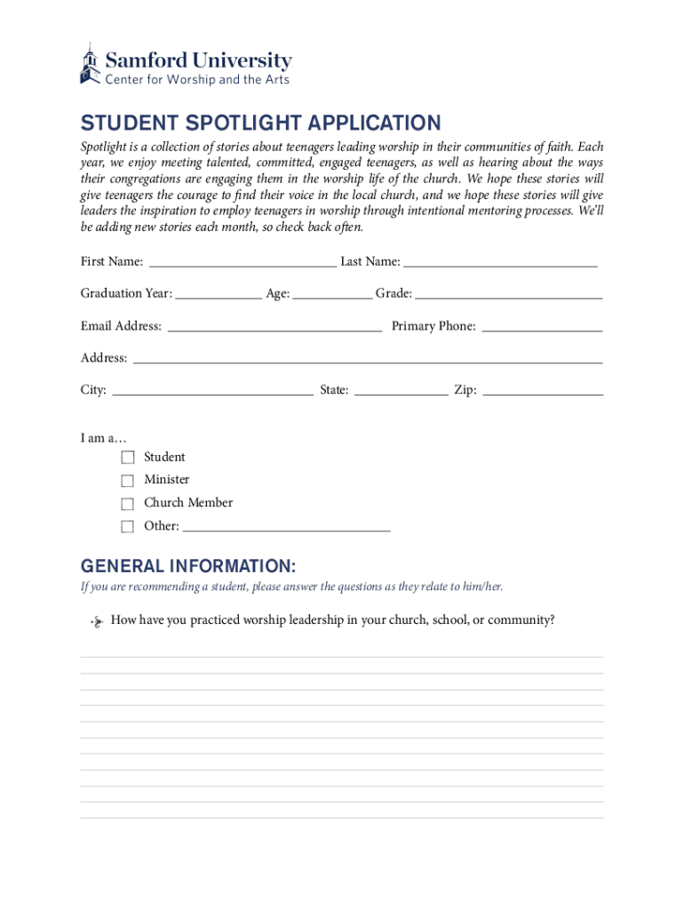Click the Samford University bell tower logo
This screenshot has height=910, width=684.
[89, 64]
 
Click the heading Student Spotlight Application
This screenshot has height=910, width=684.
[260, 123]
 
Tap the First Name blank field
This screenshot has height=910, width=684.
[243, 261]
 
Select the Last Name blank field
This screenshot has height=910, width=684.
[500, 261]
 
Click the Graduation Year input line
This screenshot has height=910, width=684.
[219, 293]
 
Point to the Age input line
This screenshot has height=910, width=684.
[332, 293]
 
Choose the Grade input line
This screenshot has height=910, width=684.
[509, 293]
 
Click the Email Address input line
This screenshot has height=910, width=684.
[274, 326]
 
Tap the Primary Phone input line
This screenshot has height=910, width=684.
[542, 326]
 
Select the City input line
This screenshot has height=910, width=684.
[212, 390]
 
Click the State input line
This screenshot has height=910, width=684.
[401, 390]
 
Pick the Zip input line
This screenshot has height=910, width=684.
[543, 390]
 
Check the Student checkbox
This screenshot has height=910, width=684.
[128, 458]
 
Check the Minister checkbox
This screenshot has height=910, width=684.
[128, 481]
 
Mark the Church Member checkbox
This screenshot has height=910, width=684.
[128, 504]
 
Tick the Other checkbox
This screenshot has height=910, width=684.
[128, 526]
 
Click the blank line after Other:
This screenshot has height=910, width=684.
[286, 526]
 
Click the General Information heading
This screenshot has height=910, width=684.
[188, 566]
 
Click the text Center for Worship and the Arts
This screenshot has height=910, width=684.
[197, 80]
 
